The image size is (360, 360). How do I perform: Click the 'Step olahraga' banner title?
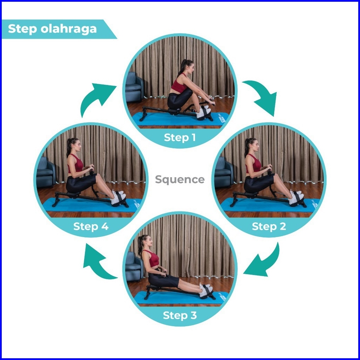(52, 29)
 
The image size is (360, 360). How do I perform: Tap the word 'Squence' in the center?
(180, 180)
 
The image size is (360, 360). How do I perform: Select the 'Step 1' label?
(180, 137)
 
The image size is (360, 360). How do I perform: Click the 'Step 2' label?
(269, 226)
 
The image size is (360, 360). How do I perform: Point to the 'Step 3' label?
(180, 315)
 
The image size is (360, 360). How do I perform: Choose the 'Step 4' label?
(91, 226)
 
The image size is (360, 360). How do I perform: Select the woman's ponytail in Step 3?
(140, 245)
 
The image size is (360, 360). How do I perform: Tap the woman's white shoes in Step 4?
(118, 197)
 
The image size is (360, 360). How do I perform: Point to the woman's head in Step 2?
(252, 144)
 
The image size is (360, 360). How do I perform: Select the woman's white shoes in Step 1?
(204, 112)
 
